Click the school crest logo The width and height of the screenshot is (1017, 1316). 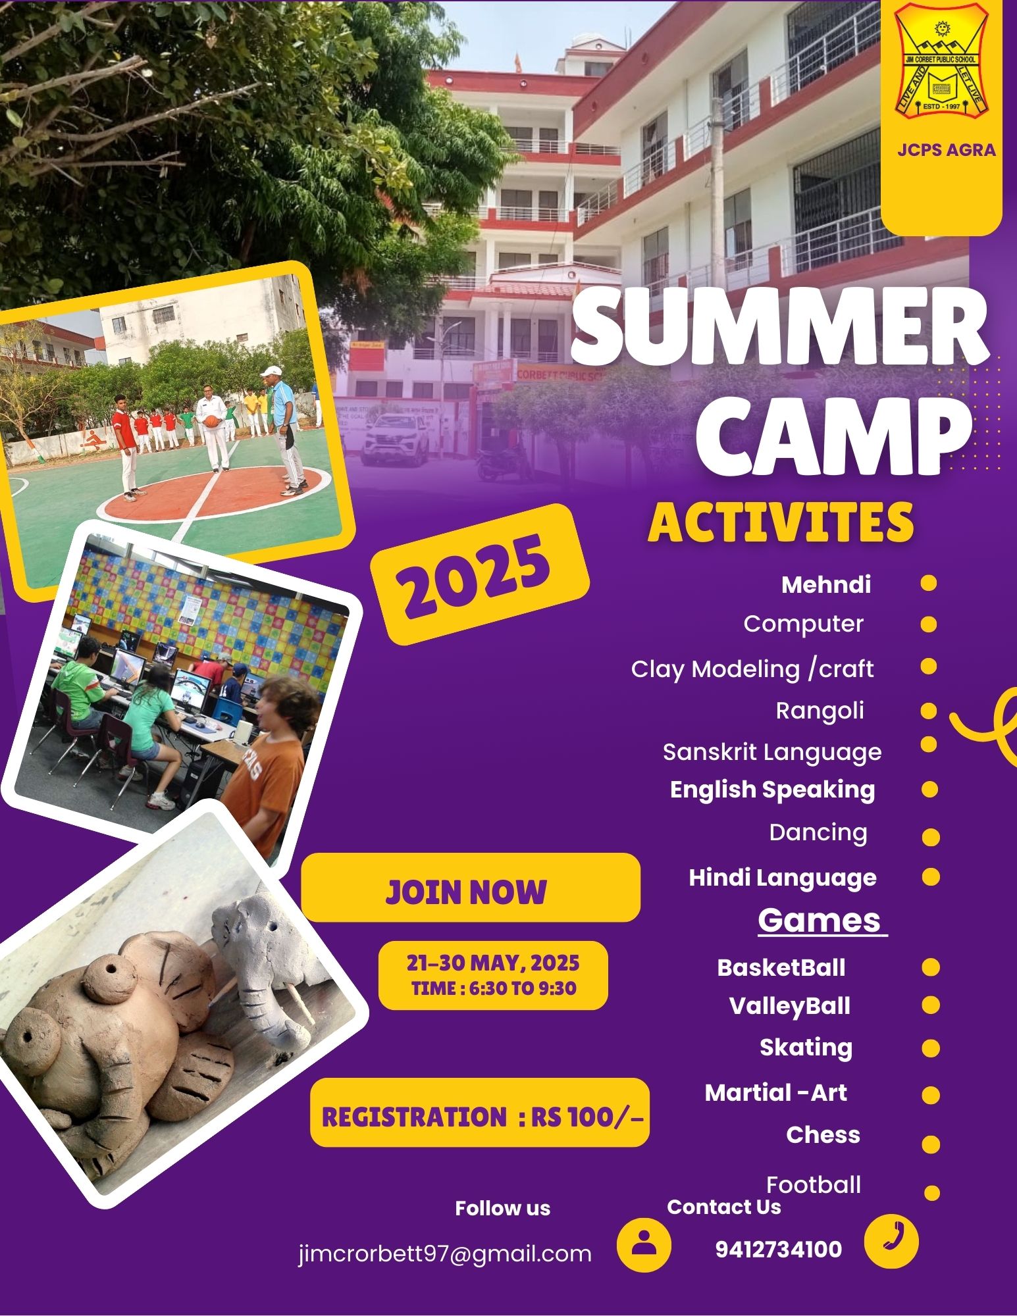tap(941, 61)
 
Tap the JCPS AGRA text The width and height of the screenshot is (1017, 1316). tap(947, 150)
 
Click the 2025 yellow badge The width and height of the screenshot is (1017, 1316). tap(480, 574)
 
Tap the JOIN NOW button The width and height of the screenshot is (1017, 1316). tap(470, 888)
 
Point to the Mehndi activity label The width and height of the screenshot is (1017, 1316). tap(826, 584)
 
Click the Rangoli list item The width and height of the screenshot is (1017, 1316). tap(820, 711)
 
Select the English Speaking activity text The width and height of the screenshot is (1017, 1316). tap(773, 790)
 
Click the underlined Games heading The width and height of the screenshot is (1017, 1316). tap(820, 920)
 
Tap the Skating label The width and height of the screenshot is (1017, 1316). tap(806, 1047)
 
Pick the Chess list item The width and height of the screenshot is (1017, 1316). tap(823, 1134)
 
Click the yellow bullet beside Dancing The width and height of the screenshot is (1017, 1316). tap(931, 837)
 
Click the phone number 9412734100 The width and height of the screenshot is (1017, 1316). tap(779, 1249)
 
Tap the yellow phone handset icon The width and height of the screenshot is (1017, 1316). tap(891, 1240)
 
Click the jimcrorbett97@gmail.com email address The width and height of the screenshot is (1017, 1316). tap(445, 1253)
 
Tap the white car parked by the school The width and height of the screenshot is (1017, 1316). tap(396, 438)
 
